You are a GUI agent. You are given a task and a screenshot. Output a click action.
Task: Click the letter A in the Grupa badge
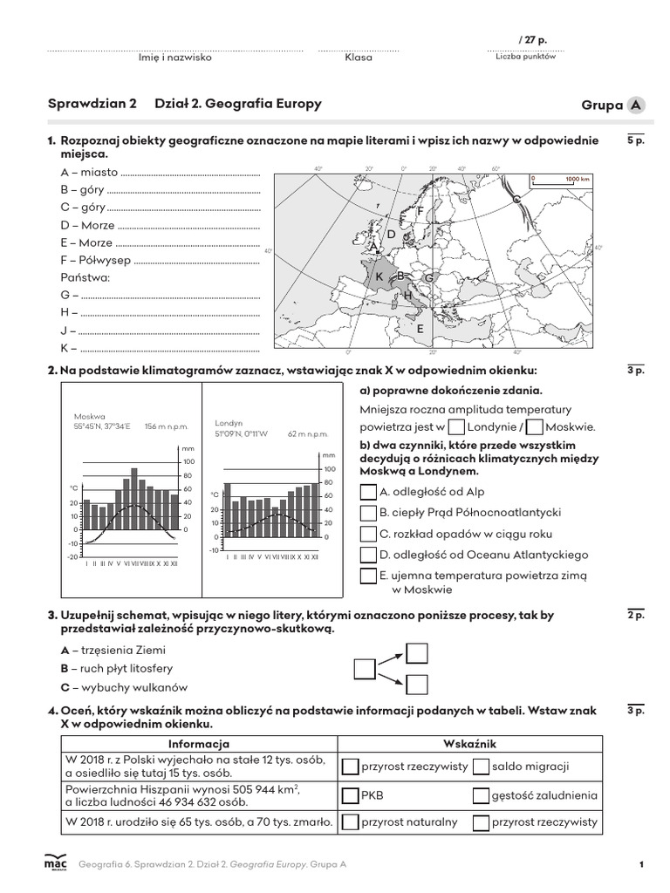click(x=638, y=106)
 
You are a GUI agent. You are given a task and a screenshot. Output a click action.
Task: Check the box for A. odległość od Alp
click(x=368, y=492)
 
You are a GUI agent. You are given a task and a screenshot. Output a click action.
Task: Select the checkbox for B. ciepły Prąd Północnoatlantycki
click(x=368, y=513)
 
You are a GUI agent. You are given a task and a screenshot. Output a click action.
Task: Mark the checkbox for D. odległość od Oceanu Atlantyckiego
click(x=368, y=555)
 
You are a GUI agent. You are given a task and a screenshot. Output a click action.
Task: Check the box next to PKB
click(x=350, y=794)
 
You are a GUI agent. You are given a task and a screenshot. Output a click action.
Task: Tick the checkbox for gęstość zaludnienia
click(x=481, y=794)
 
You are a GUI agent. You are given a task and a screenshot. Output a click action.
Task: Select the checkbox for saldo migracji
click(x=481, y=767)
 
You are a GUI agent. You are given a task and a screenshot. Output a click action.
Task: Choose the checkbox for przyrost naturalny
click(x=350, y=821)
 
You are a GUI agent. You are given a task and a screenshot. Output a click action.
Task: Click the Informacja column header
click(x=199, y=744)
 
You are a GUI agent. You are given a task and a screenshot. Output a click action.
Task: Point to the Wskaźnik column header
click(x=469, y=744)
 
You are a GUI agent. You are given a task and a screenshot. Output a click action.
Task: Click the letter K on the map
click(x=379, y=276)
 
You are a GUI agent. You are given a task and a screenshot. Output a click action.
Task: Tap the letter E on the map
click(x=420, y=329)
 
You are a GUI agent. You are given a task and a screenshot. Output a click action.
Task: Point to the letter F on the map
click(x=420, y=211)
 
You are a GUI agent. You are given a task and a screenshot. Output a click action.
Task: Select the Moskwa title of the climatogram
click(x=90, y=416)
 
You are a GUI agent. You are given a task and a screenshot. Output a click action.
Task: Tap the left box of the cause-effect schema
click(x=365, y=669)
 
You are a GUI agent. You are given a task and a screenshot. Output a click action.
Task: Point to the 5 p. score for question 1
click(x=635, y=140)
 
